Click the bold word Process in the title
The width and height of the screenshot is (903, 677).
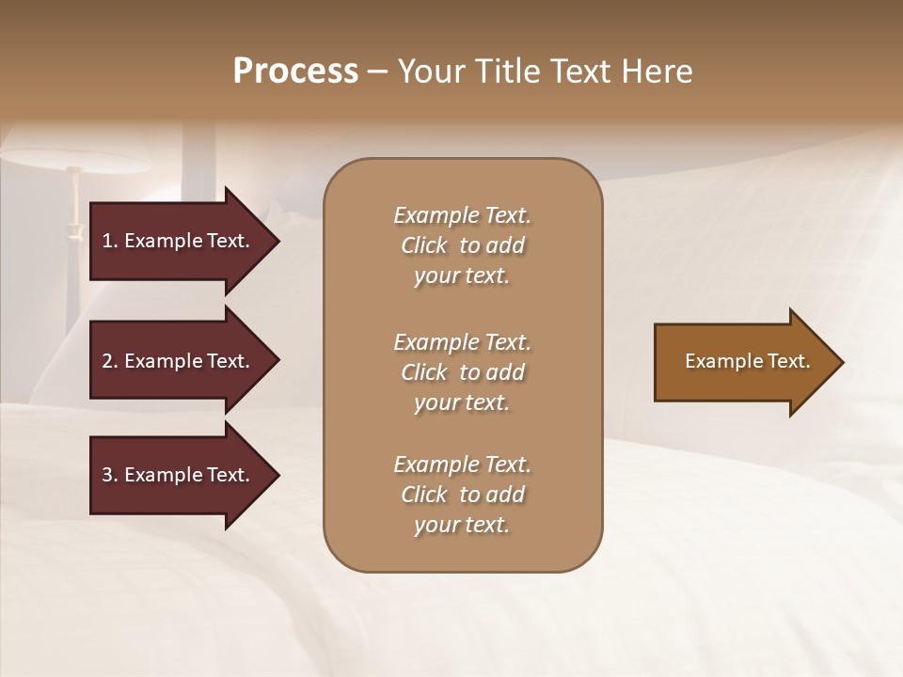point(295,71)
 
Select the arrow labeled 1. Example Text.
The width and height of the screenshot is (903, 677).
point(179,241)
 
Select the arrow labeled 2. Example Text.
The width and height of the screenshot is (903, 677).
point(179,361)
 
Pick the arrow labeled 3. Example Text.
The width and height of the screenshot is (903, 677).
point(179,475)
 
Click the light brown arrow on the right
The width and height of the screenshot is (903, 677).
point(743,362)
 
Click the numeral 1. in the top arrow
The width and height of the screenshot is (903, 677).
point(109,241)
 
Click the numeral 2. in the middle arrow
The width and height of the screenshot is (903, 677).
point(109,361)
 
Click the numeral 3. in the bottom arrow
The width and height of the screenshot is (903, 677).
point(109,475)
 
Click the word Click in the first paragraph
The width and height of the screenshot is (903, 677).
point(424,245)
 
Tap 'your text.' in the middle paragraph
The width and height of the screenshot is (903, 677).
point(462,402)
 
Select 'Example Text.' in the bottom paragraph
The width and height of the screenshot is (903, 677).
point(462,464)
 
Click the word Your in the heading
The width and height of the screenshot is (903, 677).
point(428,71)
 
